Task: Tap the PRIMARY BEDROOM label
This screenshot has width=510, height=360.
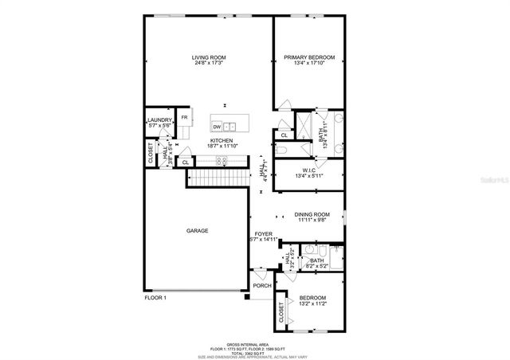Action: [309, 57]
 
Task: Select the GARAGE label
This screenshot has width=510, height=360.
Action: [197, 231]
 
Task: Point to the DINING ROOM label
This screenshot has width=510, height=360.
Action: [312, 214]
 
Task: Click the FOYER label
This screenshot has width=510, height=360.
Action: [263, 234]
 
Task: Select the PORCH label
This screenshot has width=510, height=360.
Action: [261, 285]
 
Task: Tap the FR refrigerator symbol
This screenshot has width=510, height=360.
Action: [184, 118]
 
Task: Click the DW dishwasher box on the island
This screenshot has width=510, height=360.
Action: [216, 126]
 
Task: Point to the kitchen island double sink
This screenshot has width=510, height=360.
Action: [229, 126]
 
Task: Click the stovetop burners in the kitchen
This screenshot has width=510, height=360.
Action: [223, 160]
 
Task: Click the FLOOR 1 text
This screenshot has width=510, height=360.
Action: [155, 298]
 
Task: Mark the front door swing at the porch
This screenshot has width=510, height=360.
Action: [259, 272]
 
